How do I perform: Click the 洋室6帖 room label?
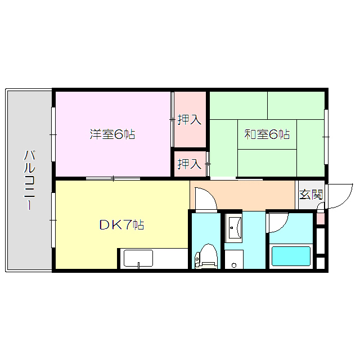(x=112, y=134)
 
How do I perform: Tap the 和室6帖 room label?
(x=267, y=134)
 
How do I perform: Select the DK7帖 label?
(x=121, y=225)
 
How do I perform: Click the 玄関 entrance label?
(x=310, y=195)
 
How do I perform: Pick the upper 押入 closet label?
(x=189, y=120)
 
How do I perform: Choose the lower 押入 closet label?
(x=189, y=164)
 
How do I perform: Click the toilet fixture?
(x=205, y=256)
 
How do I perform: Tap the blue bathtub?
(x=291, y=256)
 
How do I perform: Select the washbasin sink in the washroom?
(x=234, y=228)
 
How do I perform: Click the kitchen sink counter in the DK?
(x=138, y=259)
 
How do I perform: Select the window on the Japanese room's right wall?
(x=326, y=135)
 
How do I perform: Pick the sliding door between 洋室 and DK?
(x=113, y=179)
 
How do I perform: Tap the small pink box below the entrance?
(x=320, y=218)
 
